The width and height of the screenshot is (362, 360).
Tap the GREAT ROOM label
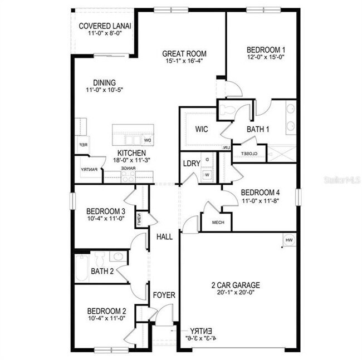184,54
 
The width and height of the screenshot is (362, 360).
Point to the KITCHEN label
131,153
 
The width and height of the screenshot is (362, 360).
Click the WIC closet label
202,129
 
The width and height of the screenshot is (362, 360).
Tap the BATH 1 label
258,130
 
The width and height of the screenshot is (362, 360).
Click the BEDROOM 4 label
263,193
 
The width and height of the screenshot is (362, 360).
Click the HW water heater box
288,240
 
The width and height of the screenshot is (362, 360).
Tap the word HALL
164,237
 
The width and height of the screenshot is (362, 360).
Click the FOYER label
164,295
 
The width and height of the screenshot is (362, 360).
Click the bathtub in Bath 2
81,267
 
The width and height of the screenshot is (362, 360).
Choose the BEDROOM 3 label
106,211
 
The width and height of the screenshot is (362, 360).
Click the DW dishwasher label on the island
148,140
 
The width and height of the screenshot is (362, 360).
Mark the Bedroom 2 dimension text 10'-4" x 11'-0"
106,319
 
